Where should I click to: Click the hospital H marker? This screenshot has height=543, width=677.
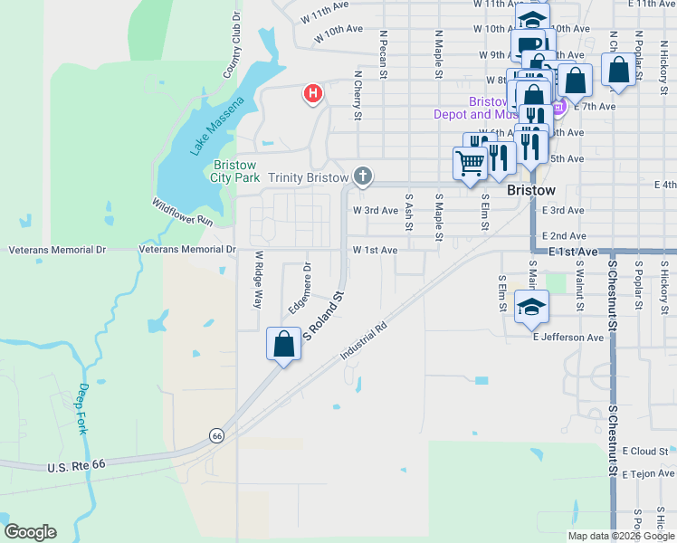(313, 92)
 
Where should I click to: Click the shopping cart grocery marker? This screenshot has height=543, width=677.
(470, 164)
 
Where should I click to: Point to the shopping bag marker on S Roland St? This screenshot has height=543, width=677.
(284, 345)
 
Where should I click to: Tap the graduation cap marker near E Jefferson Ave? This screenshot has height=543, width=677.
(532, 308)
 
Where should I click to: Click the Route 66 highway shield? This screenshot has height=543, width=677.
(216, 435)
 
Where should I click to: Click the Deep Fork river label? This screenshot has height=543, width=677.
(83, 409)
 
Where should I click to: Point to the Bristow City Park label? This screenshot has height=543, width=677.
(236, 171)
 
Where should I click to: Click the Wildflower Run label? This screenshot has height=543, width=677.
(182, 213)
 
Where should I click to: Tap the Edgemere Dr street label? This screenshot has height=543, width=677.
(300, 291)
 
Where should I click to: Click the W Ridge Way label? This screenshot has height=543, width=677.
(258, 281)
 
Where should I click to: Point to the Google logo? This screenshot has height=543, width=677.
(30, 532)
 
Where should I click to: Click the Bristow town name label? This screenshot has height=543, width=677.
(531, 191)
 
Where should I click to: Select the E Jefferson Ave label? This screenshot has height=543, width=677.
(567, 338)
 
